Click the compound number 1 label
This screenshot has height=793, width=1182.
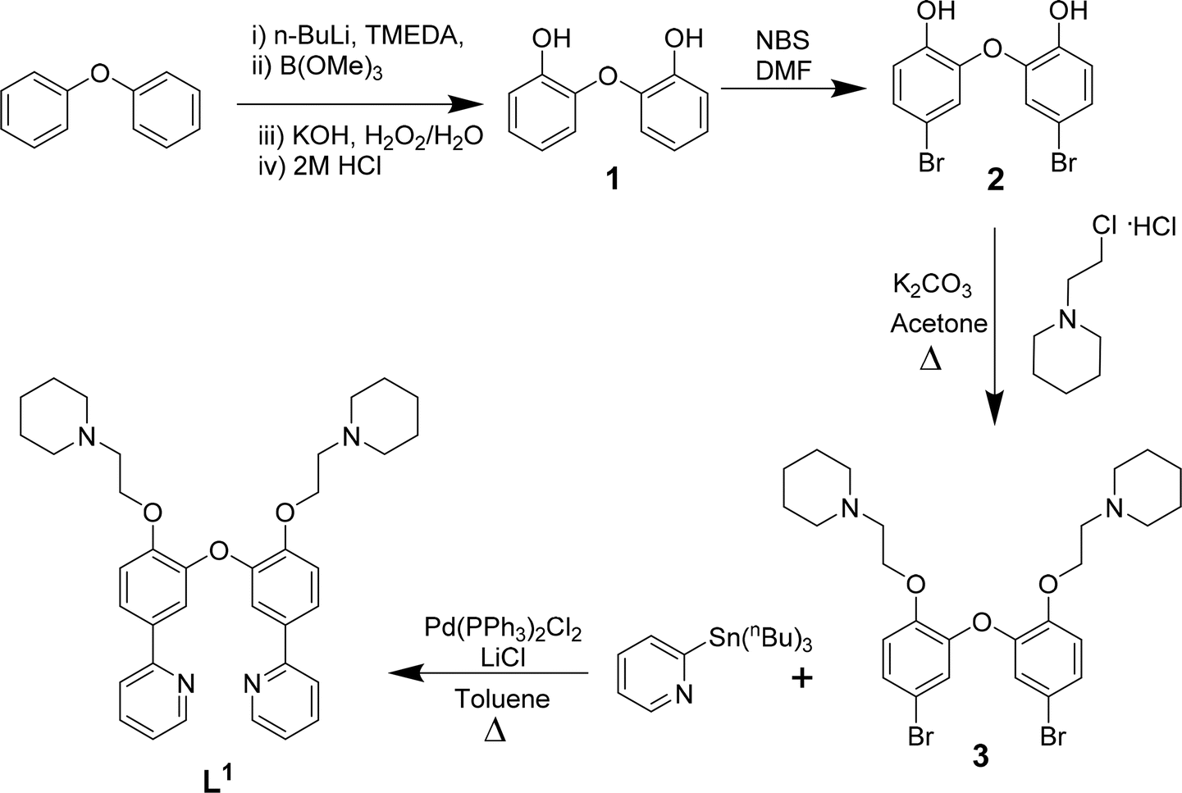click(x=613, y=180)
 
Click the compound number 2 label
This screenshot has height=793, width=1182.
click(x=995, y=180)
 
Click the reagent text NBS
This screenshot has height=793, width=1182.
click(x=783, y=41)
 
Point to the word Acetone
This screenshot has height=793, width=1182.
click(x=938, y=323)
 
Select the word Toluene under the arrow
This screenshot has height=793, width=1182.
click(x=502, y=699)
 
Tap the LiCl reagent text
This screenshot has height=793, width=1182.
click(x=503, y=658)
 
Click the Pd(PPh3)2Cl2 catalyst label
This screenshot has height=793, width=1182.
click(x=503, y=630)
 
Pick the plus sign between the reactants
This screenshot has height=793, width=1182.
click(x=801, y=678)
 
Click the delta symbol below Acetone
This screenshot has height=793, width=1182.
click(x=930, y=361)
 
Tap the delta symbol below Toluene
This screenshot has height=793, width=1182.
click(x=495, y=731)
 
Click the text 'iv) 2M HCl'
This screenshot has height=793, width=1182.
click(x=319, y=166)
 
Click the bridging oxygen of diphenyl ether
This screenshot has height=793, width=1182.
click(x=100, y=73)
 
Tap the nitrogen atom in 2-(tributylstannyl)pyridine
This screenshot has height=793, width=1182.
click(x=684, y=695)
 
